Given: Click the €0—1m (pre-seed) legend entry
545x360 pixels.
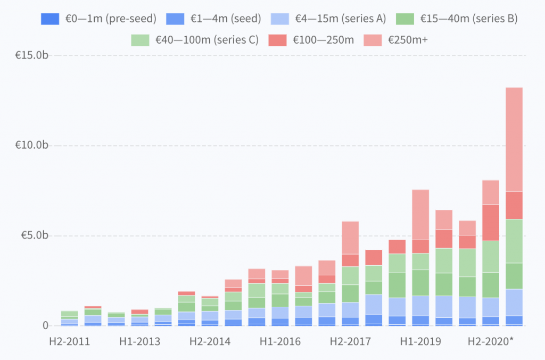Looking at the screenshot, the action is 98,19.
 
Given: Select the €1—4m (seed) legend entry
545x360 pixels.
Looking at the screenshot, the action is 213,19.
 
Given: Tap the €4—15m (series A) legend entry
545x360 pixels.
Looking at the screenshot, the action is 328,19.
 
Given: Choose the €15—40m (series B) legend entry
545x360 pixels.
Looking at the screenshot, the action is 457,19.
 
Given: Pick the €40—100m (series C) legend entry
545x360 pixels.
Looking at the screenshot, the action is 195,40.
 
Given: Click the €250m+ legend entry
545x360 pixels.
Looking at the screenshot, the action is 395,40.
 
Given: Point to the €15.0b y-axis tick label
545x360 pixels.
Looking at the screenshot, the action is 31,55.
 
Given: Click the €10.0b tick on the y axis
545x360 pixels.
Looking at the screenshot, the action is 31,145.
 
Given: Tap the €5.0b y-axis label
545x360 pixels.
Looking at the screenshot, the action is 35,235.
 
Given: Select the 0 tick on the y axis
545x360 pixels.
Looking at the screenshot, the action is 46,325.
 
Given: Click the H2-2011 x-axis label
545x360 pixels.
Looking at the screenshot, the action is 70,341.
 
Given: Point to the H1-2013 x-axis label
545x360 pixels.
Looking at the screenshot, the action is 140,341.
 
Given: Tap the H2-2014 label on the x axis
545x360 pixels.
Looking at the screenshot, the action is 210,341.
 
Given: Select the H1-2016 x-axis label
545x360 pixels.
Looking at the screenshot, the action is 280,341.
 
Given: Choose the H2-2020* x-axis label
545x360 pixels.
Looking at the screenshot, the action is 490,341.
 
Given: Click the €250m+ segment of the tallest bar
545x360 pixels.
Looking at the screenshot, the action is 514,140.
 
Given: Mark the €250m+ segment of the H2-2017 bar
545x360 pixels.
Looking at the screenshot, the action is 350,238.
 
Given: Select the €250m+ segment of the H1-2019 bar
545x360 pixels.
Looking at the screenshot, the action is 420,215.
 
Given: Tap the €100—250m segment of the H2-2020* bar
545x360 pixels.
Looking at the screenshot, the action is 491,223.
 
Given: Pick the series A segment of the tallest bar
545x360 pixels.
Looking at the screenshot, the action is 514,302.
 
